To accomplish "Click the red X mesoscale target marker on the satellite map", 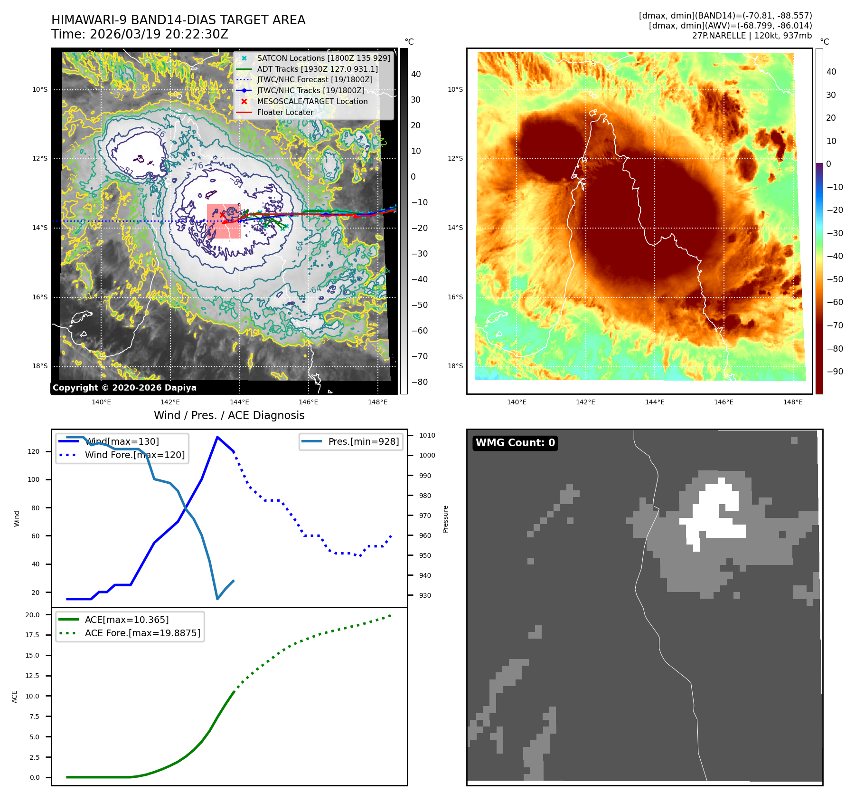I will coord(222,215).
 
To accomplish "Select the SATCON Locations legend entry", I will coord(323,58).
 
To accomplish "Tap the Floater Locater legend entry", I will coord(285,112).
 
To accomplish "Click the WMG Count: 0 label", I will coord(515,443).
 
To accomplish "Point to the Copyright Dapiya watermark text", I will coord(124,388).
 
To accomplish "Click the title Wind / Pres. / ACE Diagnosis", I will coord(229,415).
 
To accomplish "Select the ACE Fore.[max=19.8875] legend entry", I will coord(142,633).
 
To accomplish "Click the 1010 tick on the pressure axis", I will coord(427,435).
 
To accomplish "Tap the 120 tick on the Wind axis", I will coord(34,451).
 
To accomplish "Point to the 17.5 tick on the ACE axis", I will coord(32,635).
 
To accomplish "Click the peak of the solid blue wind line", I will coord(217,437).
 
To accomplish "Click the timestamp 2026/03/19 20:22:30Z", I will coord(159,34).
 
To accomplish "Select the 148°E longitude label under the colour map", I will coord(793,402).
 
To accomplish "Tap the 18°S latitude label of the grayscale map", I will coord(40,366).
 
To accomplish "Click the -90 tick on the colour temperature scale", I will coord(835,372).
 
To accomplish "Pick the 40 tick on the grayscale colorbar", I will coord(416,74).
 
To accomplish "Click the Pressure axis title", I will coord(445,519).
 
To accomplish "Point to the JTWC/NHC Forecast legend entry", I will coord(314,79).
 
